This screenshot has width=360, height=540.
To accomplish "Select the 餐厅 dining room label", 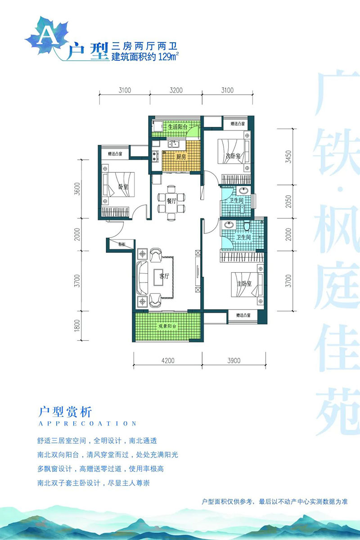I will pyautogui.click(x=171, y=201).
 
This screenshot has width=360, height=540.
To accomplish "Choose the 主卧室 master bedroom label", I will pyautogui.click(x=244, y=284).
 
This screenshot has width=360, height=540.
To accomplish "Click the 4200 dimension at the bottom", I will pyautogui.click(x=168, y=360).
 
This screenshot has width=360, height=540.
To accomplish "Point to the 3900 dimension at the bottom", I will pyautogui.click(x=234, y=360).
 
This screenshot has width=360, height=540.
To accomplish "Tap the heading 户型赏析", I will pyautogui.click(x=66, y=411).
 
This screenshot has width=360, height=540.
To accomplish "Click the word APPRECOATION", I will pyautogui.click(x=88, y=423).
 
